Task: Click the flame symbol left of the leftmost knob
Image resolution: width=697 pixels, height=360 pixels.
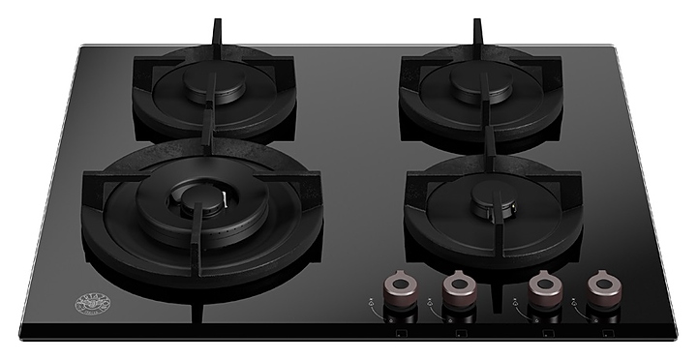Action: pos(373,302)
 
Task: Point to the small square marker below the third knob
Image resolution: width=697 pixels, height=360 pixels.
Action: pos(543,330)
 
